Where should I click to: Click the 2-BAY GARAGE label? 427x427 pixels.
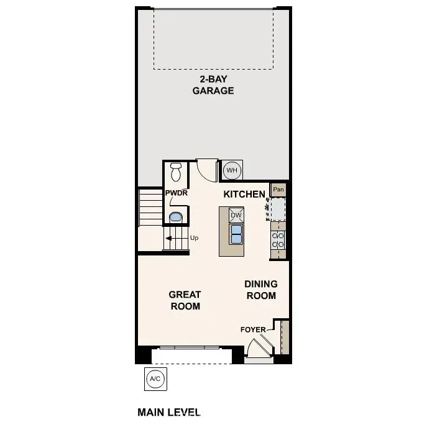[x=213, y=85]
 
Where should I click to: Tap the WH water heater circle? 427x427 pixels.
[x=231, y=170]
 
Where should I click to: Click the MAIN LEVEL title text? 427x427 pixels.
[x=169, y=412]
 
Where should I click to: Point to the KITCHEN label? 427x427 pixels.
[x=244, y=195]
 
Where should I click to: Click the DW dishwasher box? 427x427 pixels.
[x=236, y=216]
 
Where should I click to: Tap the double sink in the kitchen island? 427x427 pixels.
[x=236, y=234]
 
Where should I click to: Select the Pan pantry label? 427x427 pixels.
[x=278, y=190]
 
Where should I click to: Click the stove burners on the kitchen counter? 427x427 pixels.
[x=278, y=241]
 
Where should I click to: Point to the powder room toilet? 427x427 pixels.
[x=175, y=170]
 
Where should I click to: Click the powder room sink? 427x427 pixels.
[x=175, y=218]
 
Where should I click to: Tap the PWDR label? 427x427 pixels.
[x=177, y=193]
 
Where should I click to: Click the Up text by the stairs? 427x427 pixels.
[x=194, y=238]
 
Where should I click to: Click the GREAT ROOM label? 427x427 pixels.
[x=185, y=300]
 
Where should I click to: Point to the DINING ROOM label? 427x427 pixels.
[x=261, y=290]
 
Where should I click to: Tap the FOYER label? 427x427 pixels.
[x=253, y=329]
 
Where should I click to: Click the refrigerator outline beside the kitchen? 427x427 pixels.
[x=277, y=209]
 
